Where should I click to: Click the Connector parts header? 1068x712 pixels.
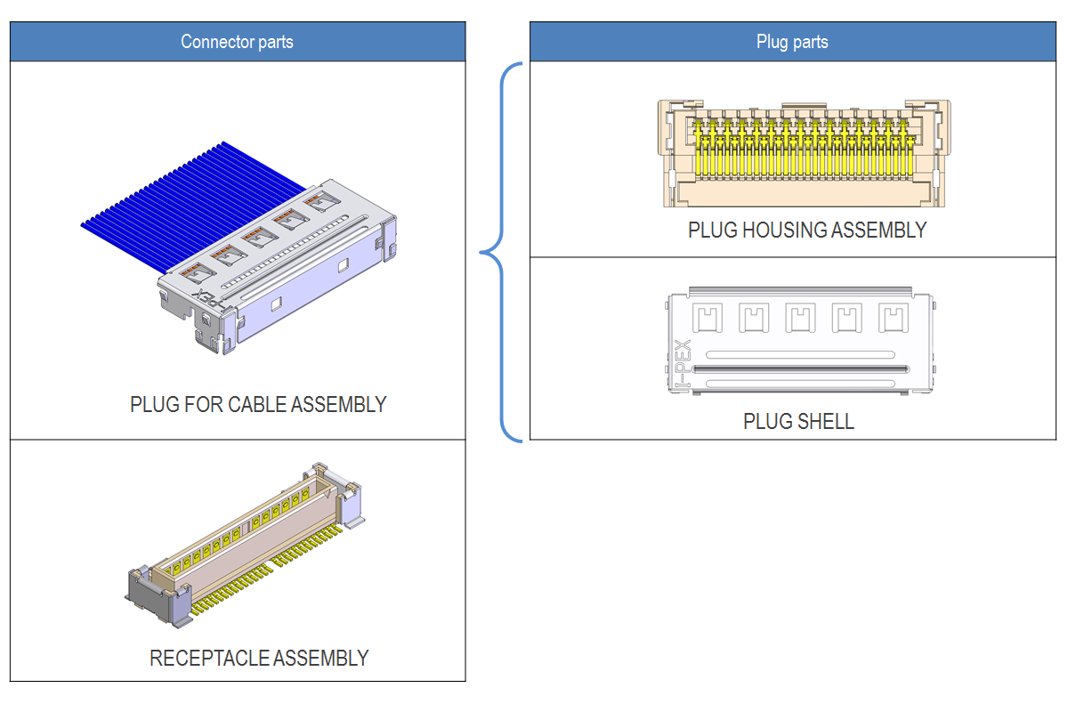(237, 42)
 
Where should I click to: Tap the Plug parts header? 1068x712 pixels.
(792, 42)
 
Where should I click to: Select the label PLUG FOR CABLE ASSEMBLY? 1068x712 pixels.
(258, 404)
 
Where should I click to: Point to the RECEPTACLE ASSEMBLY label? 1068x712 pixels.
(259, 659)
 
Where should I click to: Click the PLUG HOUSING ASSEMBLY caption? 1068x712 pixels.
(807, 230)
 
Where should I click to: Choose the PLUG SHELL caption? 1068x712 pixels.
(798, 421)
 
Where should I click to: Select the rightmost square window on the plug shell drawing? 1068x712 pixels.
(890, 317)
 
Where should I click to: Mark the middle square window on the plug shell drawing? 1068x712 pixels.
(798, 317)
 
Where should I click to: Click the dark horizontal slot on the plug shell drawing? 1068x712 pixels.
(799, 368)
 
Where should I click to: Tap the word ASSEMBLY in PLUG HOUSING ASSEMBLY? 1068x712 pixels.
(878, 230)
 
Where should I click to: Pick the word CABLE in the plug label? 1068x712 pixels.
(256, 404)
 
